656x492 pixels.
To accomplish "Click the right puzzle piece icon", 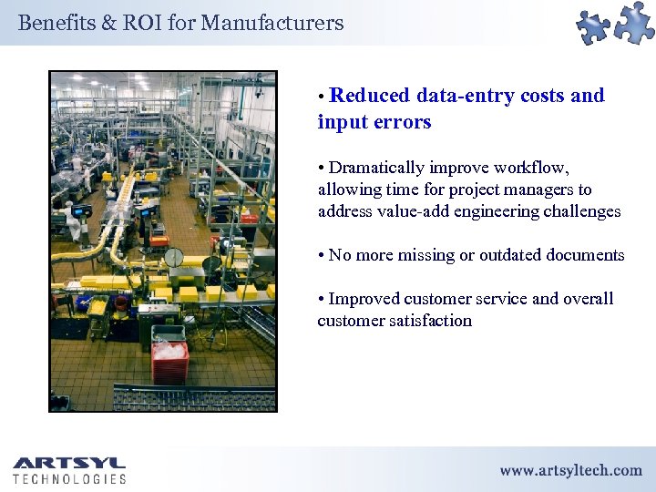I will coord(634,21).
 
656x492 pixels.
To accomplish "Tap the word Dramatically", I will coord(376,168).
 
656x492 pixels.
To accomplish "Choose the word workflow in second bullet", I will coord(533,168).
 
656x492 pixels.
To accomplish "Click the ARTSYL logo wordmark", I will coord(69,463).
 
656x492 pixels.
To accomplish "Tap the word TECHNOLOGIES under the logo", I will coord(69,478).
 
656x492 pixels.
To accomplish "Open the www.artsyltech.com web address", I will coord(570,470).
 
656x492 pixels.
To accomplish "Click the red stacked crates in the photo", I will coord(170,361).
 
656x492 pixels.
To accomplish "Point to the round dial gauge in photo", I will coord(174,257).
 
